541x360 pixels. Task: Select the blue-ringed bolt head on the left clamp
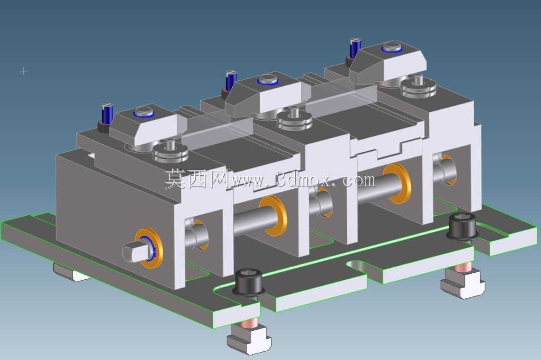tap(144, 112)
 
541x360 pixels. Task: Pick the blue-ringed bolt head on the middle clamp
tap(268, 80)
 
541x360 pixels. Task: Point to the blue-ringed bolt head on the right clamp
tap(392, 46)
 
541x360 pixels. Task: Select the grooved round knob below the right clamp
tap(419, 87)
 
